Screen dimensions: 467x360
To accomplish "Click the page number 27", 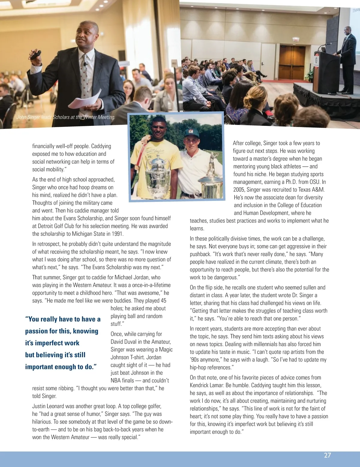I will (327, 455).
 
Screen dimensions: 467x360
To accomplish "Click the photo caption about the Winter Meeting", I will (66, 117).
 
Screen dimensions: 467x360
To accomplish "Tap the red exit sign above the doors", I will (296, 40).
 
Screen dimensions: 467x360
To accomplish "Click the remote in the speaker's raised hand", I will (35, 55).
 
